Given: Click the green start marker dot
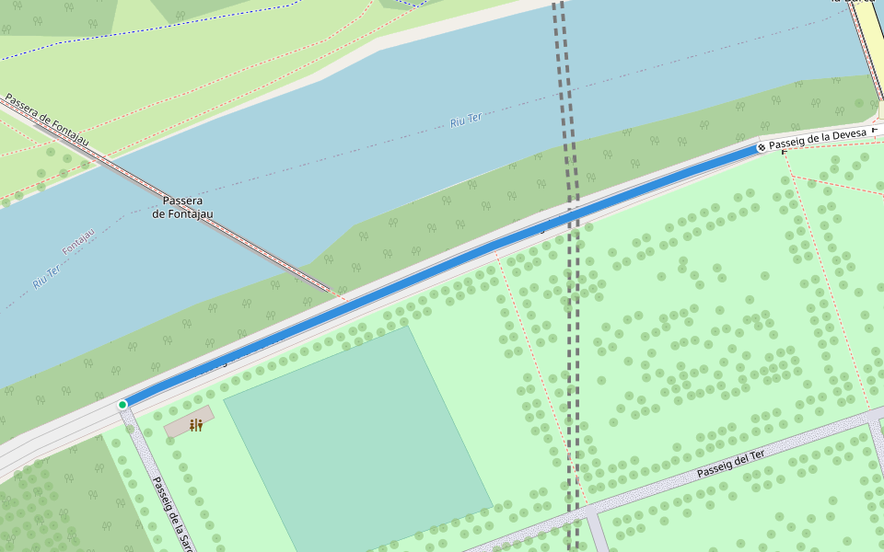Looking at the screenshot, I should coord(122,405).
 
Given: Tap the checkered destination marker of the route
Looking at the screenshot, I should coord(762,147).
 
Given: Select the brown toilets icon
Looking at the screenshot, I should coord(195,425).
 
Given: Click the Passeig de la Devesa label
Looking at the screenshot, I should coord(817,138).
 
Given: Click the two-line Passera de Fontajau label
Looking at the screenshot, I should coord(182,208).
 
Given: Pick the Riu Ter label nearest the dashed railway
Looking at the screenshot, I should coord(466,120).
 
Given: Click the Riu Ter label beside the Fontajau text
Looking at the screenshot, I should coord(46,276).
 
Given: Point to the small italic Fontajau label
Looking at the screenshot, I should coord(78,243).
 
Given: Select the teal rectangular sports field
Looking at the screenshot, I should coord(359,442).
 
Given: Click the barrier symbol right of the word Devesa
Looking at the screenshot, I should coord(875,132).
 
